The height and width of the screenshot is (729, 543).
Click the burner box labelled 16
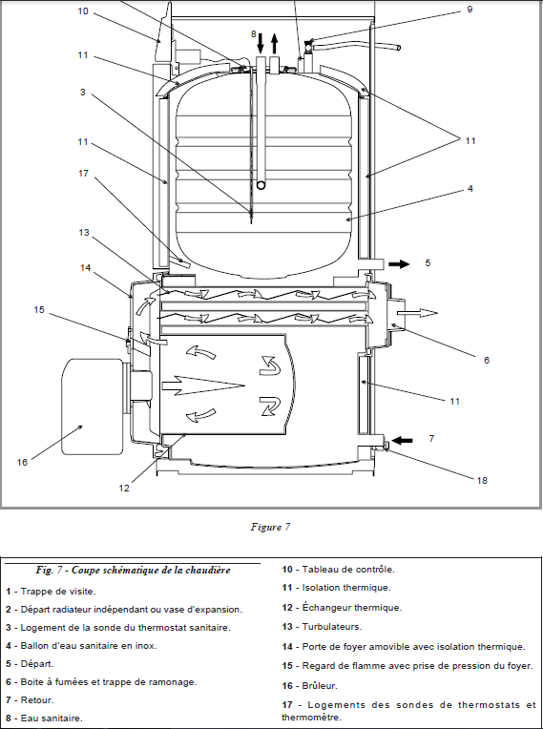[93, 406]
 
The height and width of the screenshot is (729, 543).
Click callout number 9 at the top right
[470, 10]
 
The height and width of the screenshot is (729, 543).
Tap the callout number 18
[482, 480]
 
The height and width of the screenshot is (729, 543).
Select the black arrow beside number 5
[399, 264]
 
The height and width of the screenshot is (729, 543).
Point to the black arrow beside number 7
[402, 440]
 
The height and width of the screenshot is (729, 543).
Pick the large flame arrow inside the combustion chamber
[203, 385]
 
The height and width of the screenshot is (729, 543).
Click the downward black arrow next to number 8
[261, 43]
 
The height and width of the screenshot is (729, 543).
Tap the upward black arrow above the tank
[275, 43]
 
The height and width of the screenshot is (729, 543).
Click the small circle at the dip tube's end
[261, 185]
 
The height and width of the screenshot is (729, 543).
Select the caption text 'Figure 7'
[271, 527]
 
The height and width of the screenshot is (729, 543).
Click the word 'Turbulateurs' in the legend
[331, 626]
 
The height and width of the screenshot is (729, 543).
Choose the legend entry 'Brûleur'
[320, 685]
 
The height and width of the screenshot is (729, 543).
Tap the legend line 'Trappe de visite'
[58, 592]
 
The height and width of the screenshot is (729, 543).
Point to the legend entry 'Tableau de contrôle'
[348, 569]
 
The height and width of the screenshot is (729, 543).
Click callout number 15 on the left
[39, 309]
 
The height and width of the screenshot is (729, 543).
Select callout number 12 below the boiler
[124, 488]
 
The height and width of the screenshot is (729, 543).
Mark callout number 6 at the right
[487, 360]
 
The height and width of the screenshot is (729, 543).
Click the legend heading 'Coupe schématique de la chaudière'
[151, 570]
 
